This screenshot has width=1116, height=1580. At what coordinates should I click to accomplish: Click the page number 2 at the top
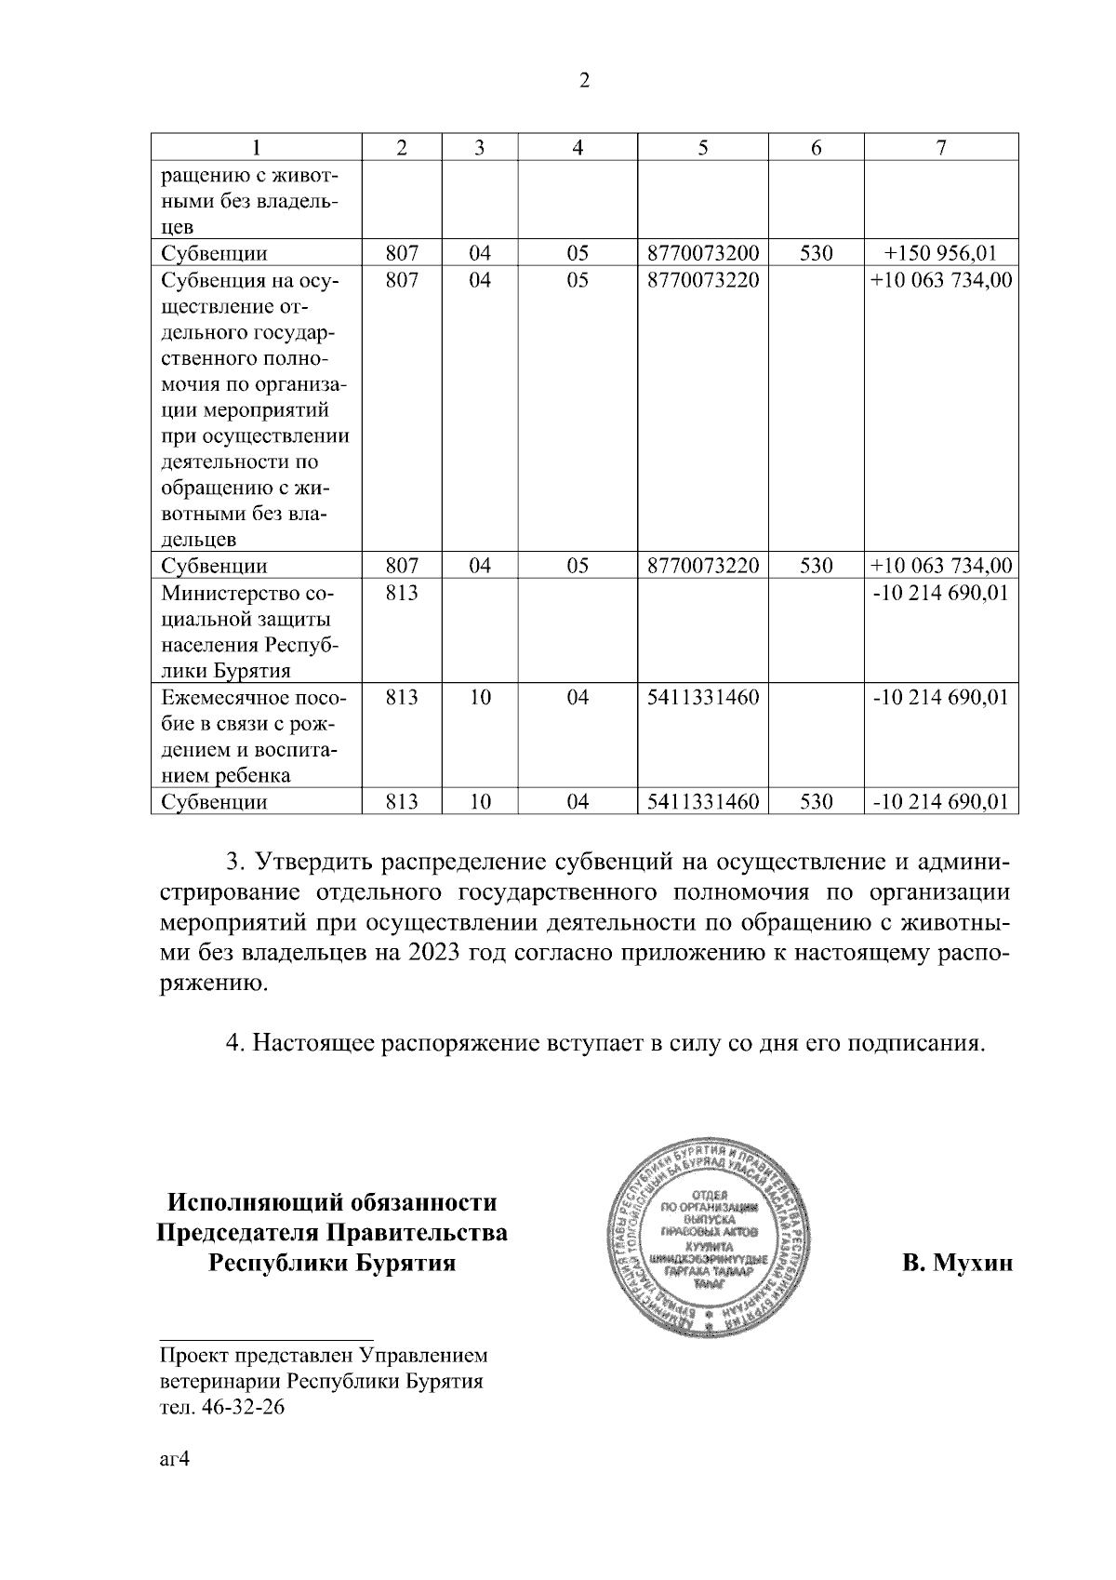[x=584, y=81]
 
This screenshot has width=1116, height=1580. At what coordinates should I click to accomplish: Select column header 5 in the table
[x=703, y=147]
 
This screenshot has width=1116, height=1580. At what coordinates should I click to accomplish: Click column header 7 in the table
[x=941, y=147]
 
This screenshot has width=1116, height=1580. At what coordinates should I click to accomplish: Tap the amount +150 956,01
[x=941, y=253]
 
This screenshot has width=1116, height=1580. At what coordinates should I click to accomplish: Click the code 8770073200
[x=703, y=253]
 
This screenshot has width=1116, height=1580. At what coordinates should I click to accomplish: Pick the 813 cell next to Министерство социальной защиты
[x=402, y=593]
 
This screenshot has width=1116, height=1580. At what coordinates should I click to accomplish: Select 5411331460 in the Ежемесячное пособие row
[x=703, y=697]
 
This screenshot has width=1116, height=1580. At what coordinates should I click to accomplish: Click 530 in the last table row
[x=816, y=801]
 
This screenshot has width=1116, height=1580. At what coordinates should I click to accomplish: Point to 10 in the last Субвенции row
[x=479, y=801]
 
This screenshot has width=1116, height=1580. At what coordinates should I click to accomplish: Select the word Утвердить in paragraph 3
[x=311, y=862]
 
